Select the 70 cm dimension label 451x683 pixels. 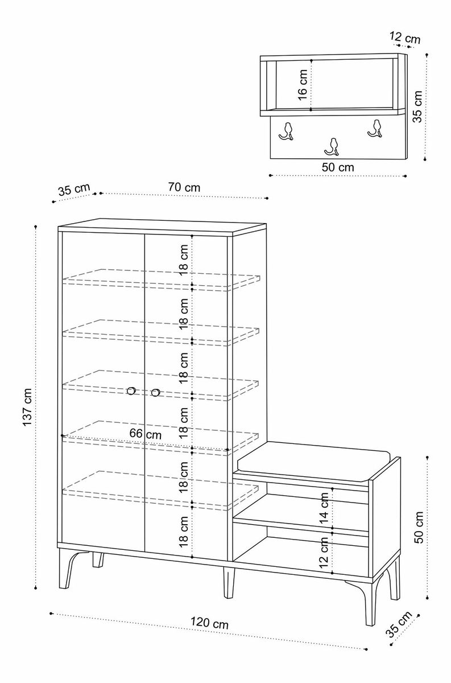click(x=184, y=187)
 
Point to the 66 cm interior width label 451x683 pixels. click(x=145, y=434)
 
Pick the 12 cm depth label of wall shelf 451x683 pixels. click(x=405, y=38)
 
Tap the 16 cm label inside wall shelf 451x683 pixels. click(x=303, y=85)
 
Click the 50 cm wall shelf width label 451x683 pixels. click(x=337, y=167)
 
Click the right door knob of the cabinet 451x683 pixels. click(x=155, y=392)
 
